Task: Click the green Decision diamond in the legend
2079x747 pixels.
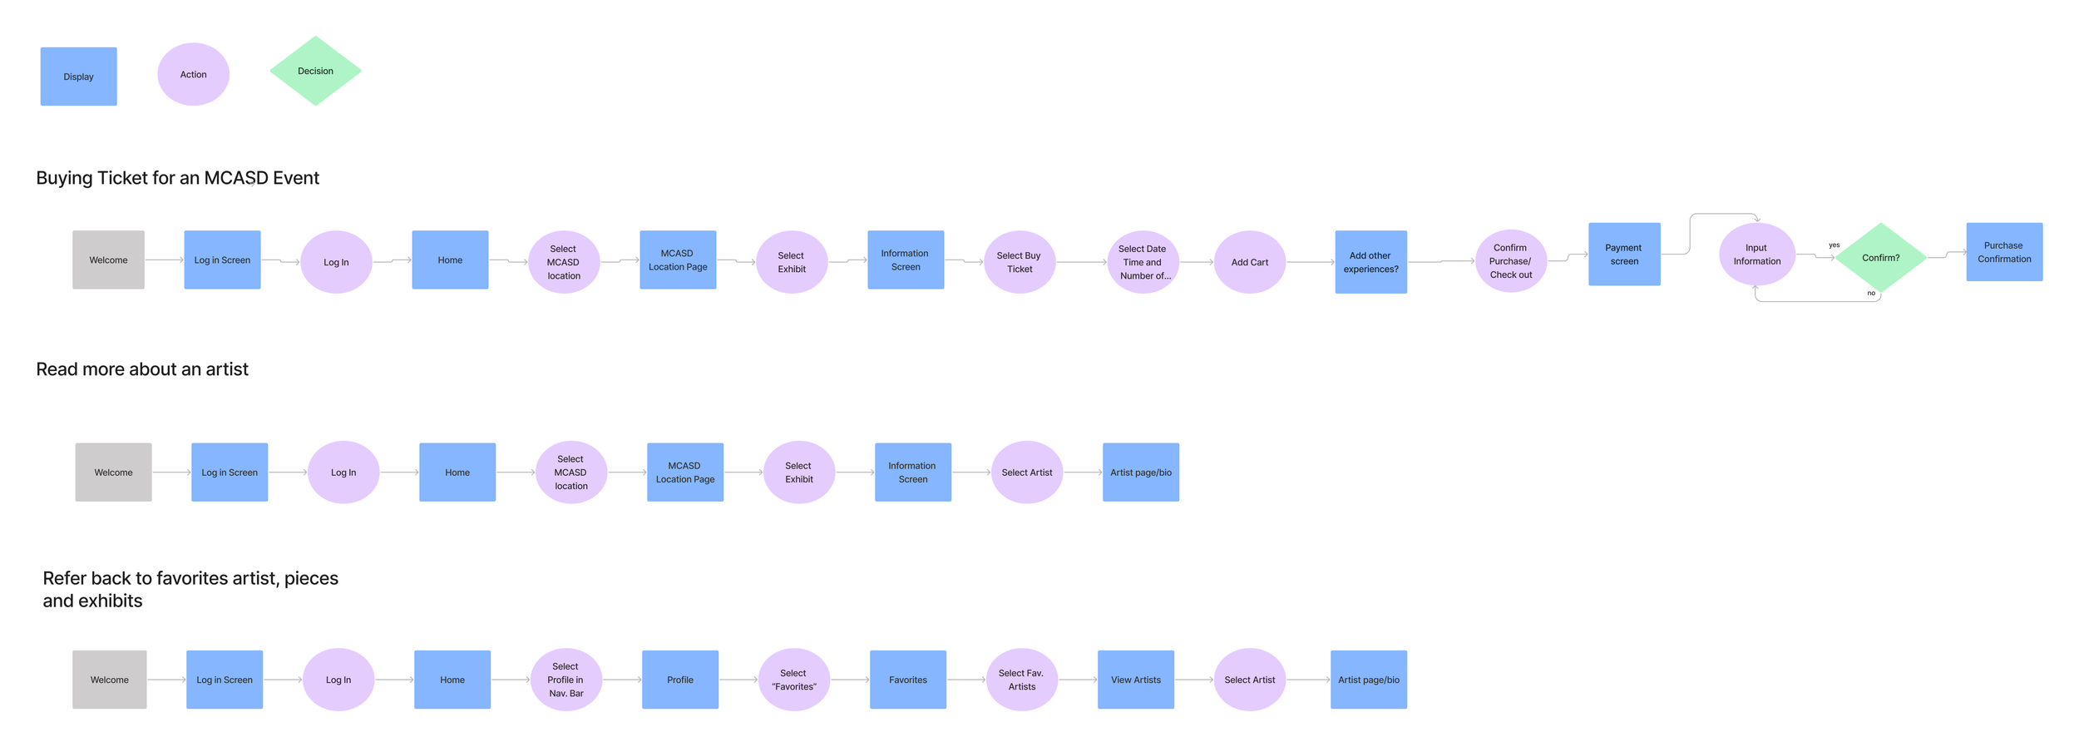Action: point(315,71)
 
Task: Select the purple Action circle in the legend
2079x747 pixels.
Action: point(193,74)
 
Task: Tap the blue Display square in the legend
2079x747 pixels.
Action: point(78,77)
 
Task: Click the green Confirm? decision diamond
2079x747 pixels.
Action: point(1880,258)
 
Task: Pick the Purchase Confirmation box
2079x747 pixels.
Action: point(2004,252)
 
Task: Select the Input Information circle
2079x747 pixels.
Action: point(1756,255)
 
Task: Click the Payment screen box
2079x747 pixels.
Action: point(1624,255)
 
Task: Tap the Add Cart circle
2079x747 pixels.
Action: point(1249,262)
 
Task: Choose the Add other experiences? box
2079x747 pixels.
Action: point(1370,262)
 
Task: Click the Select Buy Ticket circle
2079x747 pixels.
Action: point(1020,262)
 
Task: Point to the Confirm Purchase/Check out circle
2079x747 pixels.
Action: point(1510,261)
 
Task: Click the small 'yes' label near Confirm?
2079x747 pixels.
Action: point(1834,245)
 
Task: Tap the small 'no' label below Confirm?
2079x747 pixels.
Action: point(1871,293)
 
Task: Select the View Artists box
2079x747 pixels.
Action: point(1135,680)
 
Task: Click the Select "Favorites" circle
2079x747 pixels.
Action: point(793,680)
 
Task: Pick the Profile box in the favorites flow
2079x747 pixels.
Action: point(679,680)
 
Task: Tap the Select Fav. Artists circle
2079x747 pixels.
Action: point(1021,680)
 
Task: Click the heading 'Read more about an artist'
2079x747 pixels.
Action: point(142,369)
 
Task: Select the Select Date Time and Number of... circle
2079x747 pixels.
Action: point(1143,262)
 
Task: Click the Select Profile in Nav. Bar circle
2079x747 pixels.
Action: point(565,680)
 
